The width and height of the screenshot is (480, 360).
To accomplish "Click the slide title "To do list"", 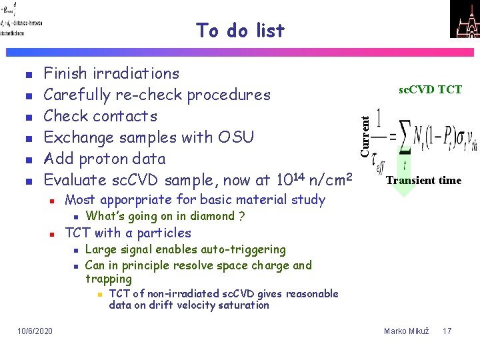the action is (240, 31).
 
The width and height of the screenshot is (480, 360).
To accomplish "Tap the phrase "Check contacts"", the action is (100, 116).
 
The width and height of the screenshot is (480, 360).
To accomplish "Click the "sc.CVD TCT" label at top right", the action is (430, 90).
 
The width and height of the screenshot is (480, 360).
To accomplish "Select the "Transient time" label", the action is (423, 180).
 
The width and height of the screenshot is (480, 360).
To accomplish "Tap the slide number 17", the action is (447, 331).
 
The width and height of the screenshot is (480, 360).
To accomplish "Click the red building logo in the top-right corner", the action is (465, 19).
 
